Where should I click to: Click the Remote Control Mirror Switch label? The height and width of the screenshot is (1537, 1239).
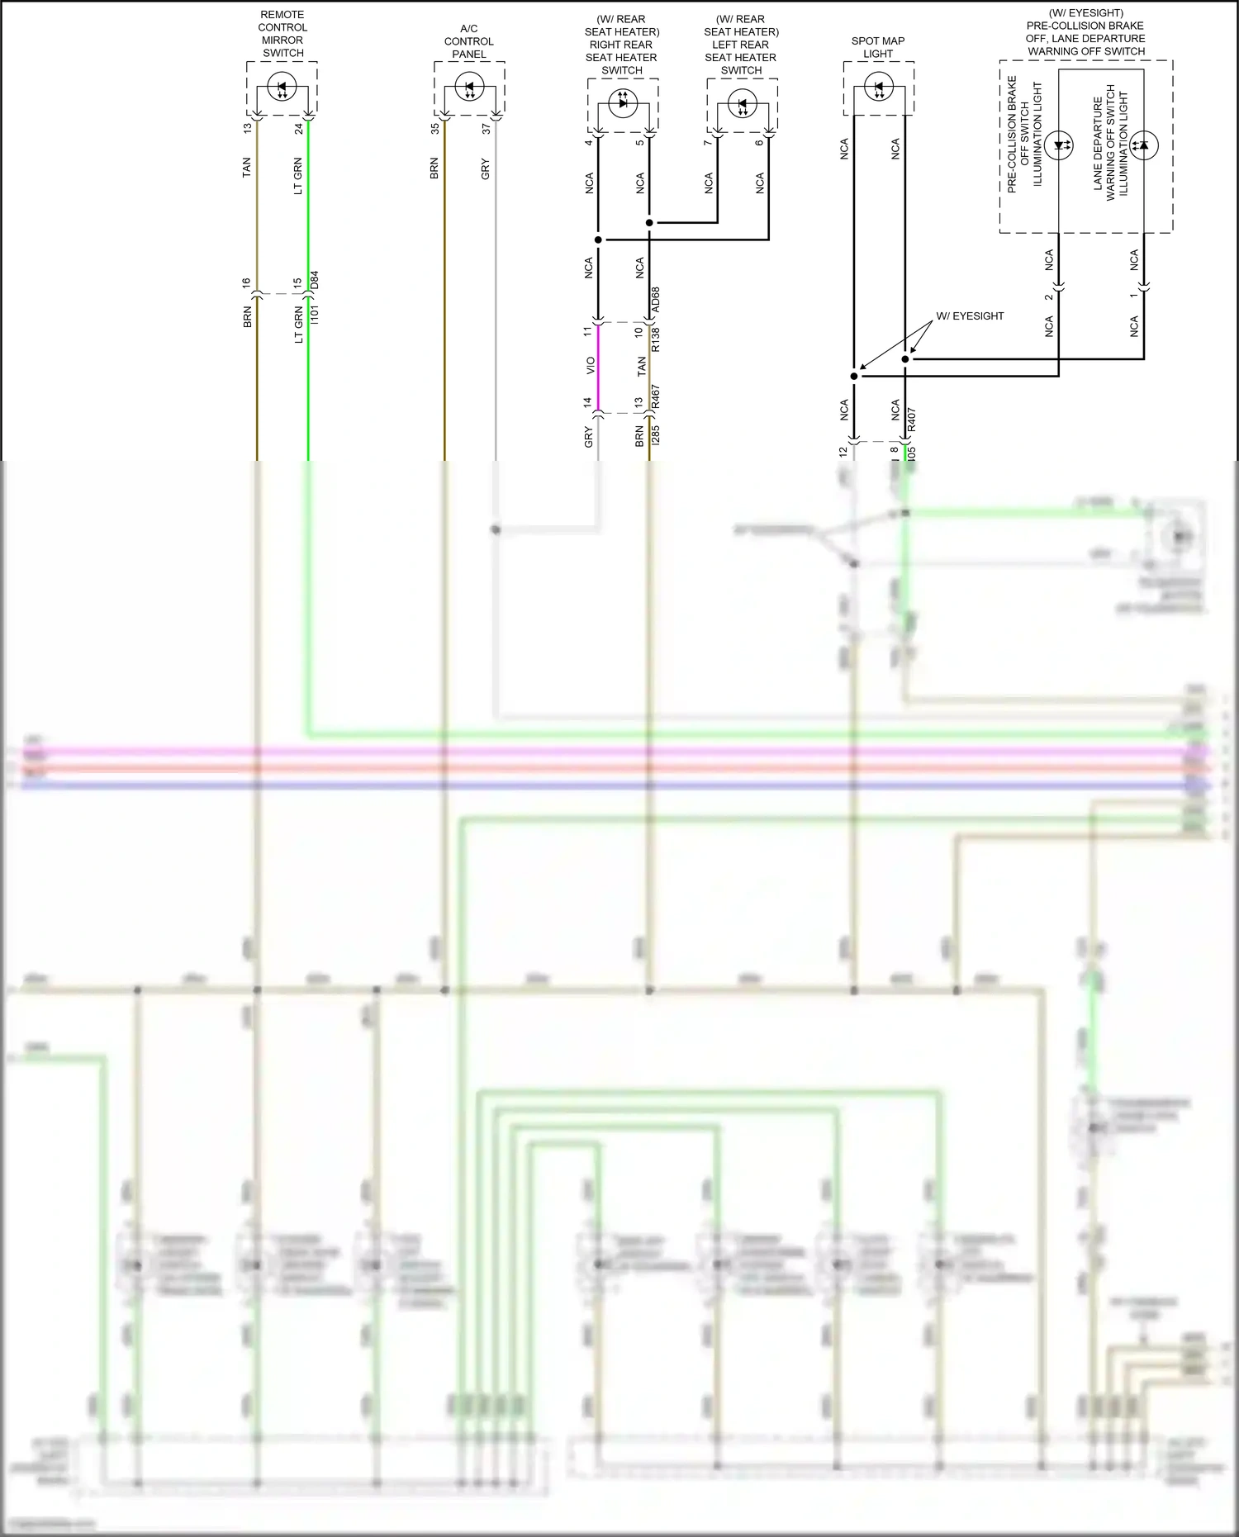[x=282, y=34]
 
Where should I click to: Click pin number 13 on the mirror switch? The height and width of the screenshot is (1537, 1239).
[x=246, y=128]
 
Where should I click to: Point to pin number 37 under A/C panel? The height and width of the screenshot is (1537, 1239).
[x=486, y=128]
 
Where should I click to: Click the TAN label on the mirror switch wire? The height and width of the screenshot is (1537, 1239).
[x=246, y=168]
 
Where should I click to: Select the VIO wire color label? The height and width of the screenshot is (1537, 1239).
[x=590, y=365]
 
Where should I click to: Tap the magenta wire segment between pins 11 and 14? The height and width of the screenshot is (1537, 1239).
[x=598, y=368]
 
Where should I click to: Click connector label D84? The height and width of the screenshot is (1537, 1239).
[x=315, y=281]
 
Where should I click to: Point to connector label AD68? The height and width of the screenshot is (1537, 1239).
[x=656, y=301]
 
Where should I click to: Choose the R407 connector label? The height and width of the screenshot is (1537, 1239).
[x=912, y=420]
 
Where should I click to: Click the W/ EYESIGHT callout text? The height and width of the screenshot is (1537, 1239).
[x=970, y=316]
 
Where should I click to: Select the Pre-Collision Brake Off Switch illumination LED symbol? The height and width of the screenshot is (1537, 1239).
[x=1059, y=145]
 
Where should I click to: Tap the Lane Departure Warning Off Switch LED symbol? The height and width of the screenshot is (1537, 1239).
[x=1144, y=145]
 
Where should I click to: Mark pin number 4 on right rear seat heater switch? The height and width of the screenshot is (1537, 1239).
[x=589, y=142]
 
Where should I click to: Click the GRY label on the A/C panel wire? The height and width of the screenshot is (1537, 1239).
[x=486, y=169]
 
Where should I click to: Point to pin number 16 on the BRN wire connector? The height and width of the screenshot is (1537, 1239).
[x=246, y=282]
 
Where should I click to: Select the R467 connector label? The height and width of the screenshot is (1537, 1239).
[x=656, y=398]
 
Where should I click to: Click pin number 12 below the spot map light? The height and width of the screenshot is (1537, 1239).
[x=843, y=452]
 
